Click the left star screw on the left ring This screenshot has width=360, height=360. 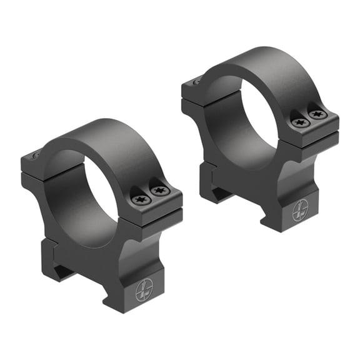(x=139, y=199)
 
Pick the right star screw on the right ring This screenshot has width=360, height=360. (x=317, y=114)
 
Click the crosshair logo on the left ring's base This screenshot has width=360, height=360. (x=145, y=289)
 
